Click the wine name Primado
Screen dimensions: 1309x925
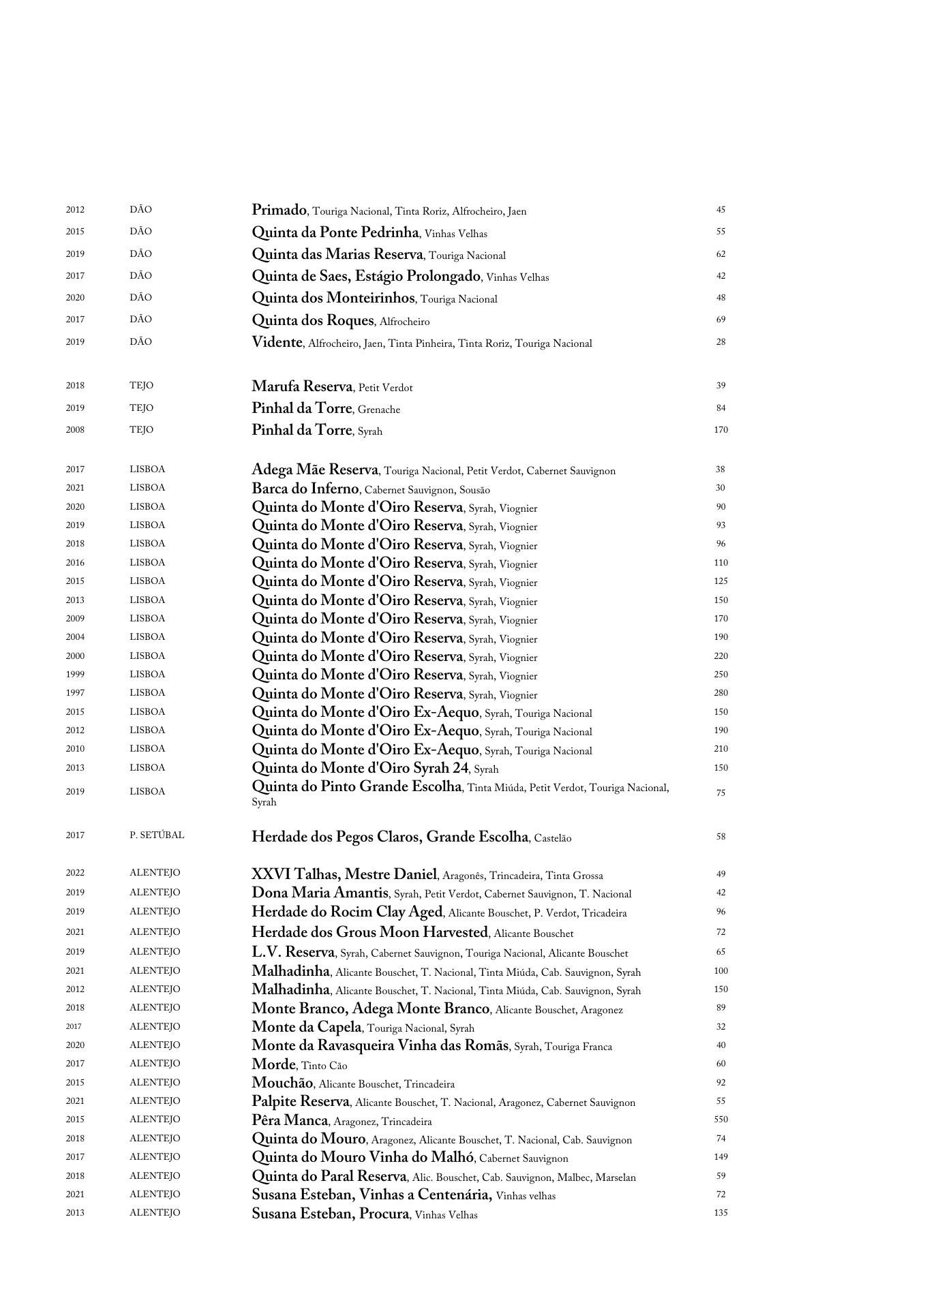coord(279,210)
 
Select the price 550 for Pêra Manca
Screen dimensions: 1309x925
coord(721,1120)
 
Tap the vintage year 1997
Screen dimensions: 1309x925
coord(75,693)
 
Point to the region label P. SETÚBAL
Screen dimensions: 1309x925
coord(157,835)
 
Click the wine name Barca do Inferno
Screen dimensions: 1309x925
coord(305,489)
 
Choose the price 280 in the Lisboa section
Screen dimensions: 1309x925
coord(721,693)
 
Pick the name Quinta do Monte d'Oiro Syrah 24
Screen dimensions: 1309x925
coord(361,768)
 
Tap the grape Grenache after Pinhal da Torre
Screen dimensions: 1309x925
coord(379,410)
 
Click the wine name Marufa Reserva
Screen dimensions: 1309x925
coord(302,386)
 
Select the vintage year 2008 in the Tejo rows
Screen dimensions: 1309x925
coord(75,430)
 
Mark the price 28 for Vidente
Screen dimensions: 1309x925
coord(721,342)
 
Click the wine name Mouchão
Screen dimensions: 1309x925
coord(282,1083)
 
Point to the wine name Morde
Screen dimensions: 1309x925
coord(274,1064)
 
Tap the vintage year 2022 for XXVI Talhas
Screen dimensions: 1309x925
coord(75,873)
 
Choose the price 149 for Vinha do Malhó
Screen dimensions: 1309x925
coord(721,1157)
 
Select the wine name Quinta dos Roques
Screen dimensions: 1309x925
coord(313,320)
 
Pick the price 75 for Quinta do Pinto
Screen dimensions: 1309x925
coord(721,793)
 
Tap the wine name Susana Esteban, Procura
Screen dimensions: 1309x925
coord(330,1214)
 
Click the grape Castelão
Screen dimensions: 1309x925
coord(553,838)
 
